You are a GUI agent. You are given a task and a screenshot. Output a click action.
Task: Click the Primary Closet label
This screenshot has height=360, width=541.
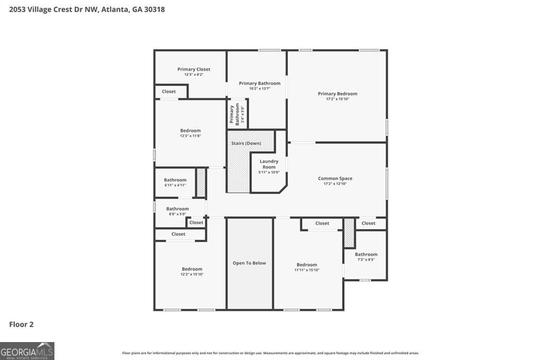point(194,69)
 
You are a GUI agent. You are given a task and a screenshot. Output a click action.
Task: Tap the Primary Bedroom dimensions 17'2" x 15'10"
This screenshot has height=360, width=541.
point(337,99)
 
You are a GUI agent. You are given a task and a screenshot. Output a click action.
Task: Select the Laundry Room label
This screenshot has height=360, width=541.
point(269,164)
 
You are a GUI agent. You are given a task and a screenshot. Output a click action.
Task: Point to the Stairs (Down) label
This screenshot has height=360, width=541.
point(246,144)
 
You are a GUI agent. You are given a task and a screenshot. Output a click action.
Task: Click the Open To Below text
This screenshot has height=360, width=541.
point(249,263)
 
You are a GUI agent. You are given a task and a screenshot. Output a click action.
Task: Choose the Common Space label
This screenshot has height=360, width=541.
point(335,178)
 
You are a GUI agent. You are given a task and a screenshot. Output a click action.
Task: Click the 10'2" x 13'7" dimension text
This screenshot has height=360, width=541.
point(259,89)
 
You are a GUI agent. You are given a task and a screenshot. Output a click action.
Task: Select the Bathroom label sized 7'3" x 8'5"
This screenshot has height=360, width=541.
point(366,254)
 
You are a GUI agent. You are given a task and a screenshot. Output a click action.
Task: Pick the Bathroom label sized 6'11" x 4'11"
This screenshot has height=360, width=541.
point(175,180)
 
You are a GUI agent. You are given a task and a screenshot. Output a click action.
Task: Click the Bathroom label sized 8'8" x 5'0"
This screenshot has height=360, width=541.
point(178,209)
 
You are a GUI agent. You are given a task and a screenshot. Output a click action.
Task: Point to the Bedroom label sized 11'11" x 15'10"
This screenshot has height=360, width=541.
point(306,265)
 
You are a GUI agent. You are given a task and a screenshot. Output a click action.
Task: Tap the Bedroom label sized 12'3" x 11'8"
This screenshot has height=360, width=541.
point(190,131)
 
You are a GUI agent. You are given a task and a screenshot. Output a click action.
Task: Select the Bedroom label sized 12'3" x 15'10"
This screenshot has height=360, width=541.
point(192,269)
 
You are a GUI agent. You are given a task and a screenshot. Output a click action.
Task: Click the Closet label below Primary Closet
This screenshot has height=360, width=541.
point(169,91)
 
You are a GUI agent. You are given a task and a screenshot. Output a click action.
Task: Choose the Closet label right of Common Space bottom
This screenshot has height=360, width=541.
point(368,223)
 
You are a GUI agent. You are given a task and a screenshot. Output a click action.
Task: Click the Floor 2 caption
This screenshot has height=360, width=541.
point(22,325)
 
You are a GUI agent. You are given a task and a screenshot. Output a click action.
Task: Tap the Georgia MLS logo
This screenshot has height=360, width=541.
point(27,351)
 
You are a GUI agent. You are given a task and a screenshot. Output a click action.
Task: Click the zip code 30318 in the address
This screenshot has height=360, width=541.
point(156,10)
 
